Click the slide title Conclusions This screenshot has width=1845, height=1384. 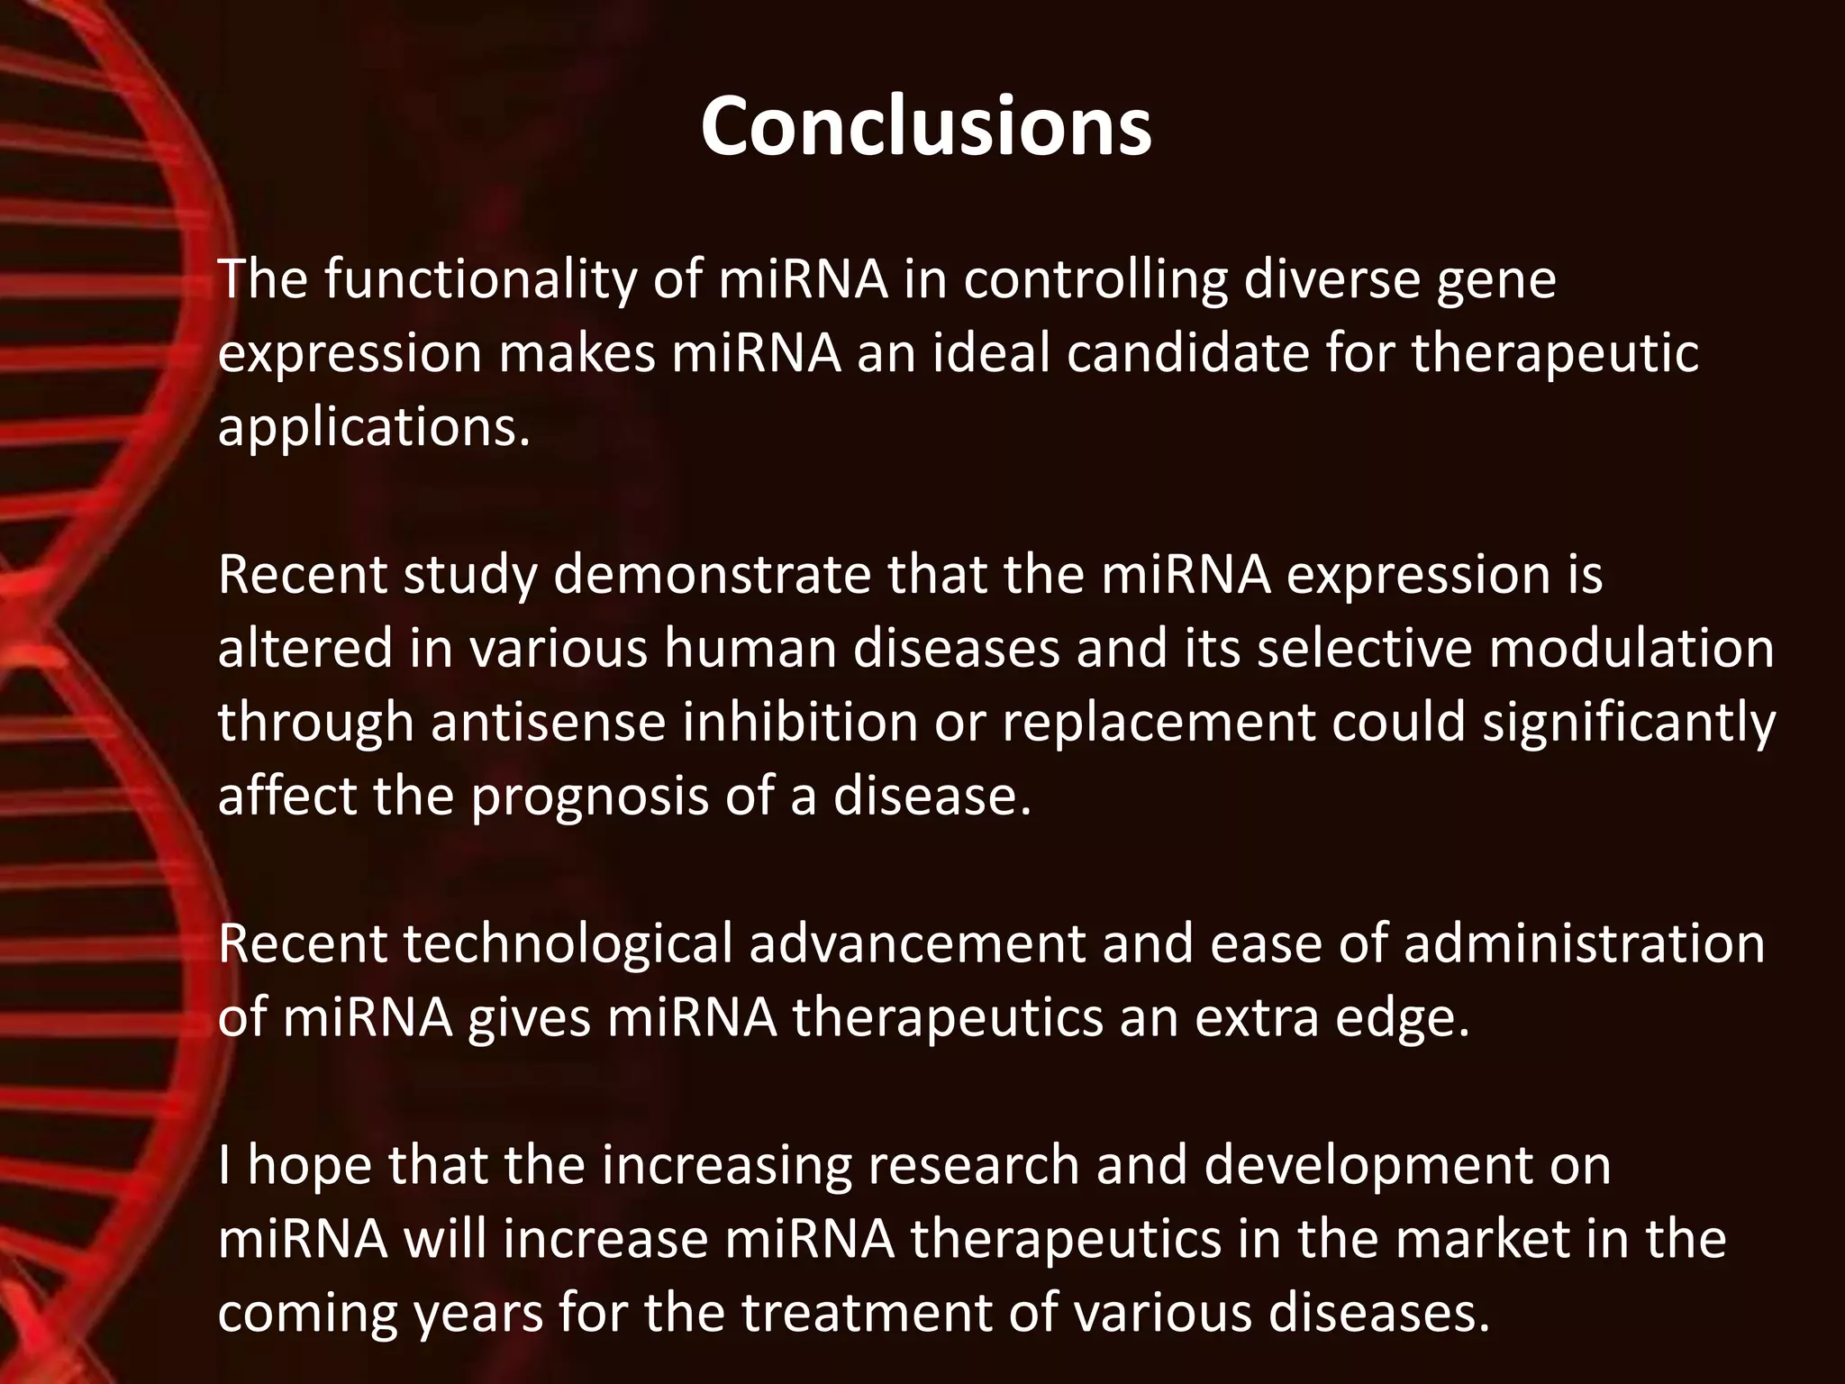tap(925, 127)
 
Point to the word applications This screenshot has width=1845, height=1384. tap(374, 427)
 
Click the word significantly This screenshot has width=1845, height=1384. tap(1629, 724)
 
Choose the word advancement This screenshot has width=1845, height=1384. tap(917, 943)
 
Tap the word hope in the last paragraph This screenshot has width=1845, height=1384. tap(309, 1166)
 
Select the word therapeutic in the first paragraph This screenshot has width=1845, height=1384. tap(1554, 352)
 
